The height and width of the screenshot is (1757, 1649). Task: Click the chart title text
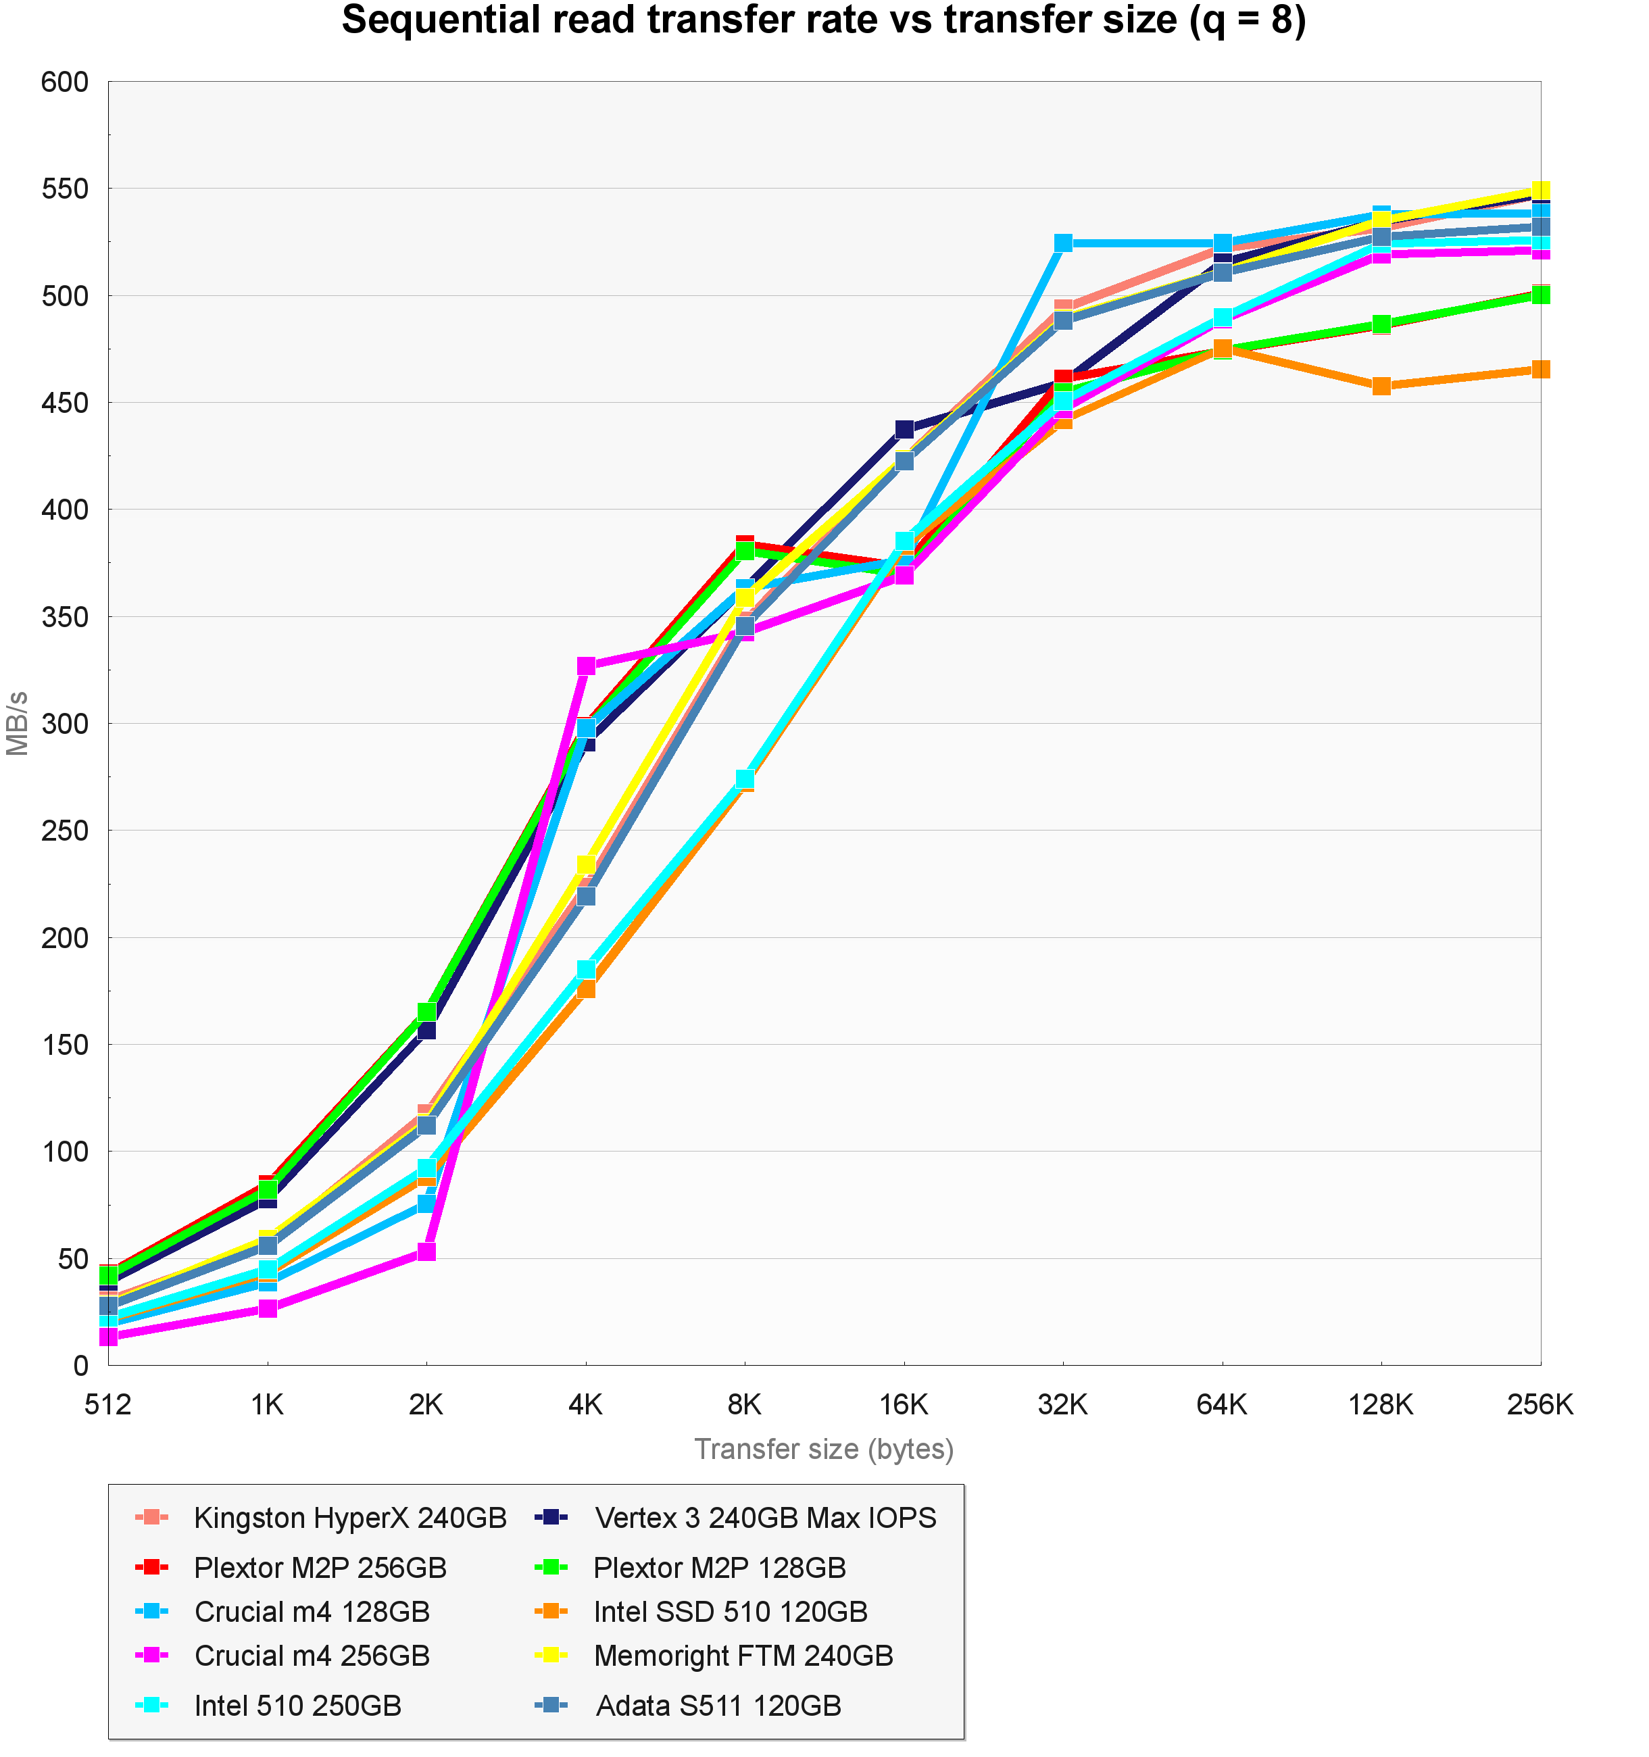pyautogui.click(x=824, y=21)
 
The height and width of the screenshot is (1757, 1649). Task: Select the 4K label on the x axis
pyautogui.click(x=585, y=1404)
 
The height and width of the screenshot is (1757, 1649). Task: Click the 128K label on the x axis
pyautogui.click(x=1380, y=1404)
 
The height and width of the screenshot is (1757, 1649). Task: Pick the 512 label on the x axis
pyautogui.click(x=108, y=1404)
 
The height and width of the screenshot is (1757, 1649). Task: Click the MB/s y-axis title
pyautogui.click(x=18, y=723)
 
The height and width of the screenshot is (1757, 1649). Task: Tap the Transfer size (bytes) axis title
pyautogui.click(x=824, y=1450)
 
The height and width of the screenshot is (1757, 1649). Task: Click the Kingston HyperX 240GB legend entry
pyautogui.click(x=350, y=1518)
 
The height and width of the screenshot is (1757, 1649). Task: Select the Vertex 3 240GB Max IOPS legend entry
pyautogui.click(x=765, y=1518)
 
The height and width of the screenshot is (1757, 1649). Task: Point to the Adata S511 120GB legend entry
pyautogui.click(x=718, y=1705)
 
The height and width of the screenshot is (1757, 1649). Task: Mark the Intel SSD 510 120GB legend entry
pyautogui.click(x=731, y=1611)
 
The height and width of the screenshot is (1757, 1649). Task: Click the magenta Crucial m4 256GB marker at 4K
pyautogui.click(x=586, y=666)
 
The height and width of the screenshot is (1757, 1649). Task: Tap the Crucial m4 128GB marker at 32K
pyautogui.click(x=1063, y=243)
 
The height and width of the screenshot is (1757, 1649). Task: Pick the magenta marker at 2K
pyautogui.click(x=426, y=1252)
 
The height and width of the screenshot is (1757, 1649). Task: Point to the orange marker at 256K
pyautogui.click(x=1540, y=370)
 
